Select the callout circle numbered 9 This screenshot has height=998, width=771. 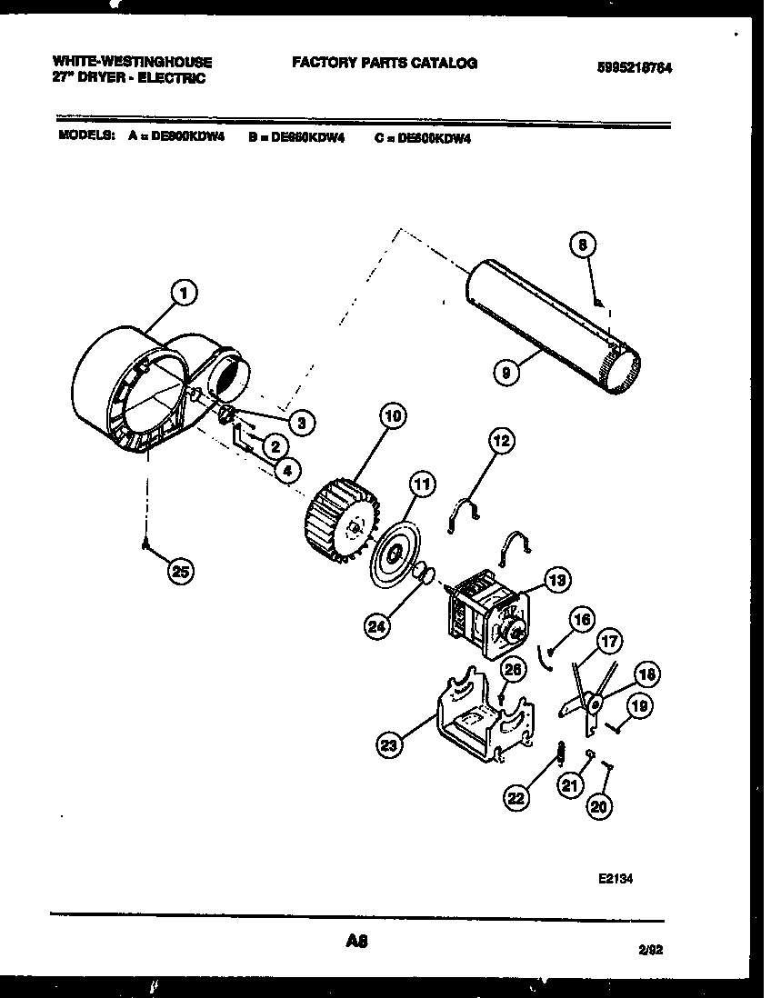click(507, 371)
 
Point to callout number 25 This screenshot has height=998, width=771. click(181, 573)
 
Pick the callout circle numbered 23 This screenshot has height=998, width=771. click(389, 745)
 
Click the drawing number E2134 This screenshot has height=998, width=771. click(616, 880)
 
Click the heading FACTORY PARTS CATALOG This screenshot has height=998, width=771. click(385, 63)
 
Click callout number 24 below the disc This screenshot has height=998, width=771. click(376, 624)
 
